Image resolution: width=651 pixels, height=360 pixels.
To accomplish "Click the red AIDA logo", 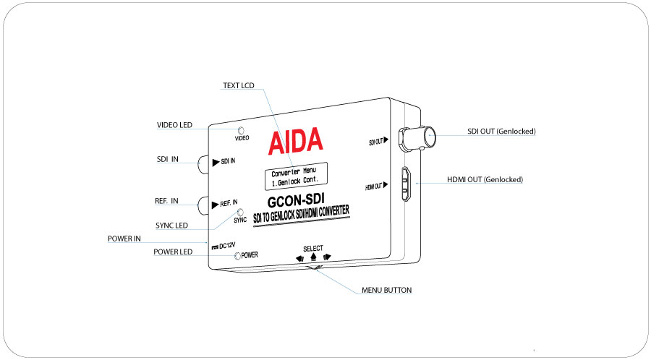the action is (295, 140).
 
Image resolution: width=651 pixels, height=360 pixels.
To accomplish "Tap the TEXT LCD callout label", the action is (239, 85).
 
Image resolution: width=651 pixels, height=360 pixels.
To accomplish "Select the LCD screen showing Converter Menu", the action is (297, 176).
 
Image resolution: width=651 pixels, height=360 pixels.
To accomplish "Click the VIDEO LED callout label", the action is (174, 125).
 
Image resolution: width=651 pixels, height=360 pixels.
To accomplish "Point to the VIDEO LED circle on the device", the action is (240, 131).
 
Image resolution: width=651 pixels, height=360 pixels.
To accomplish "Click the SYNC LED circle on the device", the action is (240, 213).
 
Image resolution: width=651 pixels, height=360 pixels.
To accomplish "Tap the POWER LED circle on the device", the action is (237, 256).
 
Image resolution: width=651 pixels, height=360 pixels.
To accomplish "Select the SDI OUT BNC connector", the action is (417, 137).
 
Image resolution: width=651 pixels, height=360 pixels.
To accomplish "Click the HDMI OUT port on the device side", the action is (406, 184).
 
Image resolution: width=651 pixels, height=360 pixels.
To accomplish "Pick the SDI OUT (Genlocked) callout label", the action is (501, 131).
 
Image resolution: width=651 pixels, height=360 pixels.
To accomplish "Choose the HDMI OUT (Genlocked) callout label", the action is (485, 179).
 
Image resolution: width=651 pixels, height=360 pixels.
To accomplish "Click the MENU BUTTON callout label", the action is (386, 290).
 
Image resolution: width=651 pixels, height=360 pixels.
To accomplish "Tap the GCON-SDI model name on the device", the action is (296, 200).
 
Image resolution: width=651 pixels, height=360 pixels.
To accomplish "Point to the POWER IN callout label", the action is (124, 239).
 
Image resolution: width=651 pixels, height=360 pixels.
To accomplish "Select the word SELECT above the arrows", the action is (313, 249).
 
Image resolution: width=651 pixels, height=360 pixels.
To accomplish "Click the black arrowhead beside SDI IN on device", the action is (216, 163).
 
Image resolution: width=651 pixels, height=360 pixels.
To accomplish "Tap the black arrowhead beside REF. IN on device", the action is (215, 205).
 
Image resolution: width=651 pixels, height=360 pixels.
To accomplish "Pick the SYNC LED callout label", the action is (171, 226).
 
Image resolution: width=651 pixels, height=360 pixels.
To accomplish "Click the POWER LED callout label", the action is (173, 252).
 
